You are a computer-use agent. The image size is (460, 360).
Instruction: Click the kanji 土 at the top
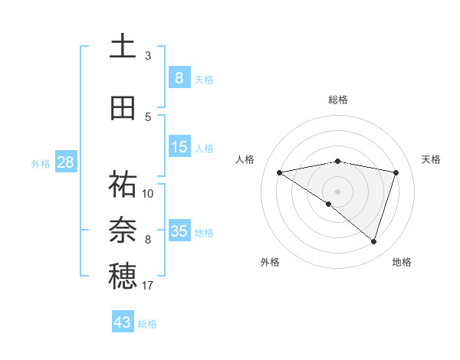[123, 46]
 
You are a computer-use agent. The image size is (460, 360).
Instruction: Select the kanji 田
[123, 108]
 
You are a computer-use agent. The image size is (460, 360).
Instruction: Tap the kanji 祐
[123, 185]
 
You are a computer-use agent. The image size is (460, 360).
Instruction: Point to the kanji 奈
[123, 230]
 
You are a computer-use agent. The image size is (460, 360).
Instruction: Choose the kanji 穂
[123, 276]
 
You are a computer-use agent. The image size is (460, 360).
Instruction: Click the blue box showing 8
[179, 78]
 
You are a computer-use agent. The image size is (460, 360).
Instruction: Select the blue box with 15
[179, 147]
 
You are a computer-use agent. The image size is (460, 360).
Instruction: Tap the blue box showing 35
[179, 231]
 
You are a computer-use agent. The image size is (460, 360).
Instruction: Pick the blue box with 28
[65, 162]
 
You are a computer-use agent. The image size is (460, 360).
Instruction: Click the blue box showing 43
[123, 322]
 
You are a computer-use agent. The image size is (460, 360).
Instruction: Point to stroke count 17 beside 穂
[148, 286]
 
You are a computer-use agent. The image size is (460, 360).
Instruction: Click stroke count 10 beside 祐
[148, 193]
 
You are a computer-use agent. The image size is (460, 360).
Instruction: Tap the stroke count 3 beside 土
[148, 55]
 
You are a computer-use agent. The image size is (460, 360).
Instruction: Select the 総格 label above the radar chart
[337, 100]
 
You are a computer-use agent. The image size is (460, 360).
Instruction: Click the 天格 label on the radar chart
[432, 159]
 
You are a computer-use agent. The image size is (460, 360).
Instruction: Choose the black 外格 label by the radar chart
[270, 262]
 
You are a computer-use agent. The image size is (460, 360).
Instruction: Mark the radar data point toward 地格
[373, 241]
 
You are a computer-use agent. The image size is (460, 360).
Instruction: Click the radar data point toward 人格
[280, 172]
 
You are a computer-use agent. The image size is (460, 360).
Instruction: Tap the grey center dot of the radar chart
[337, 191]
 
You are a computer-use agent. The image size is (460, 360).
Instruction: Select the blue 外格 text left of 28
[41, 163]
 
